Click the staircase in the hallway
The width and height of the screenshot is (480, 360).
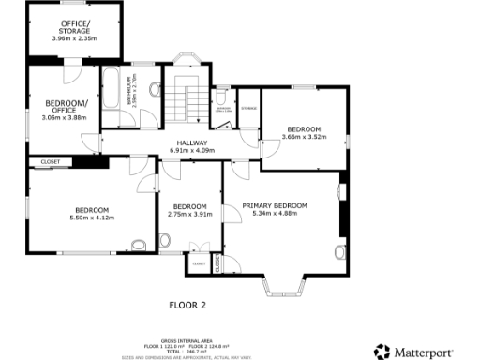191,103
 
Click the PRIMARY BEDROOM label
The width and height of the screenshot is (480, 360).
275,204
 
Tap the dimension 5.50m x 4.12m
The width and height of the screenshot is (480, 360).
92,217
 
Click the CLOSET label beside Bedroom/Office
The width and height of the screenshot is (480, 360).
52,162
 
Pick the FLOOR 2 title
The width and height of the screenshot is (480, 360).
187,305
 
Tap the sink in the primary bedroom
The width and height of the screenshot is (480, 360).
339,251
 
